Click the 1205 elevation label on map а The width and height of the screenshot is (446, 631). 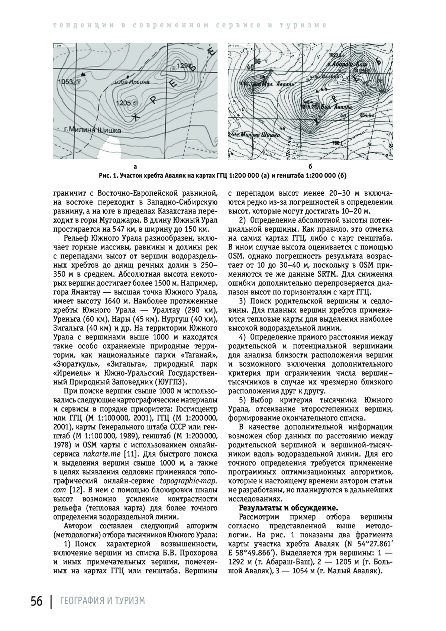tap(124, 103)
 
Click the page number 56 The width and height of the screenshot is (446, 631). tap(36, 601)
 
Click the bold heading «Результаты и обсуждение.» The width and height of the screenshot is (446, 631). tap(288, 508)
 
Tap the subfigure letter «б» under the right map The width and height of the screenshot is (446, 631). tap(310, 167)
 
